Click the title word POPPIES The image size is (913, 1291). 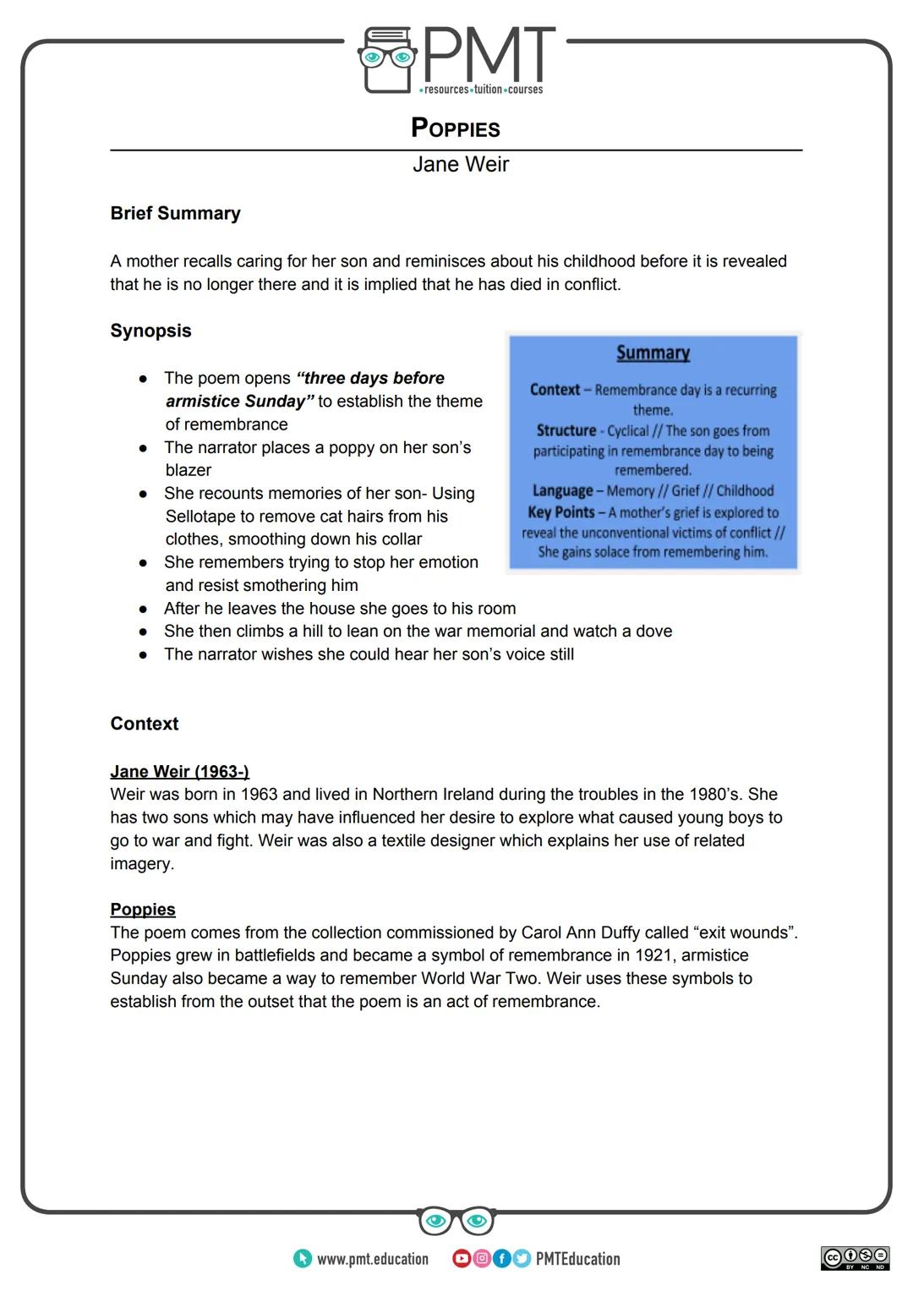point(455,129)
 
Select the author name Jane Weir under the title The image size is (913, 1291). point(460,164)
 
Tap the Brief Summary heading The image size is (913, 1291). point(175,213)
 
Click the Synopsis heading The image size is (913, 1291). point(150,331)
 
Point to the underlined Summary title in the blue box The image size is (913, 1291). point(653,353)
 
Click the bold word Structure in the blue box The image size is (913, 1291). point(566,430)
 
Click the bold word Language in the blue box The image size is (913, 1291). point(562,490)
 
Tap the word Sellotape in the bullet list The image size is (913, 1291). point(200,517)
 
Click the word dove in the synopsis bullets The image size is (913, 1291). point(654,632)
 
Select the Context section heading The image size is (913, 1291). point(145,724)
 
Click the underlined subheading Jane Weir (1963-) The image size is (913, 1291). point(179,771)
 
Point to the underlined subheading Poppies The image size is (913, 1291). point(143,910)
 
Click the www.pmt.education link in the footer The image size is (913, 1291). point(372,1259)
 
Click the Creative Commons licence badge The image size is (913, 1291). point(855,1257)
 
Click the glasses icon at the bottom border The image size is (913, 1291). point(456,1221)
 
